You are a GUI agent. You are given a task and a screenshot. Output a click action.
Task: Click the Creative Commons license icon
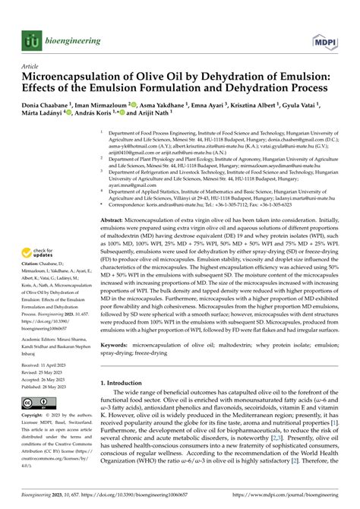point(37,422)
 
